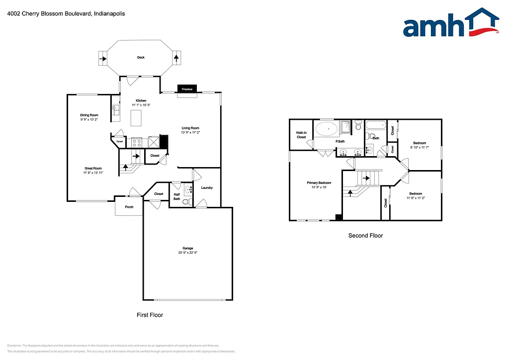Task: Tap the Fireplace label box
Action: (x=187, y=89)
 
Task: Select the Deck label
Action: (x=141, y=58)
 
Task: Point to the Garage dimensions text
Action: (x=187, y=253)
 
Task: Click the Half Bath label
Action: (x=177, y=197)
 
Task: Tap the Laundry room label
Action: (x=207, y=187)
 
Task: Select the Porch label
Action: (x=129, y=207)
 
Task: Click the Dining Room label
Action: (x=89, y=115)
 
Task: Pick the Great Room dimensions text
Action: (x=93, y=173)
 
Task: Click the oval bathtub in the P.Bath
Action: (x=327, y=130)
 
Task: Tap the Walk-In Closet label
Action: (x=301, y=135)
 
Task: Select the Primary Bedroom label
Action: (x=319, y=182)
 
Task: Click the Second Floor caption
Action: (x=365, y=236)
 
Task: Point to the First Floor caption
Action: (x=150, y=315)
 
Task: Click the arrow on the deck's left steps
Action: (x=103, y=58)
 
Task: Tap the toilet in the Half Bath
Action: (x=187, y=202)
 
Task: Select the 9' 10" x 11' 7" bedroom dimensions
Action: (x=419, y=147)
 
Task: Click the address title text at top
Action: (x=66, y=14)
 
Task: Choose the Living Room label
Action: (x=190, y=128)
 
